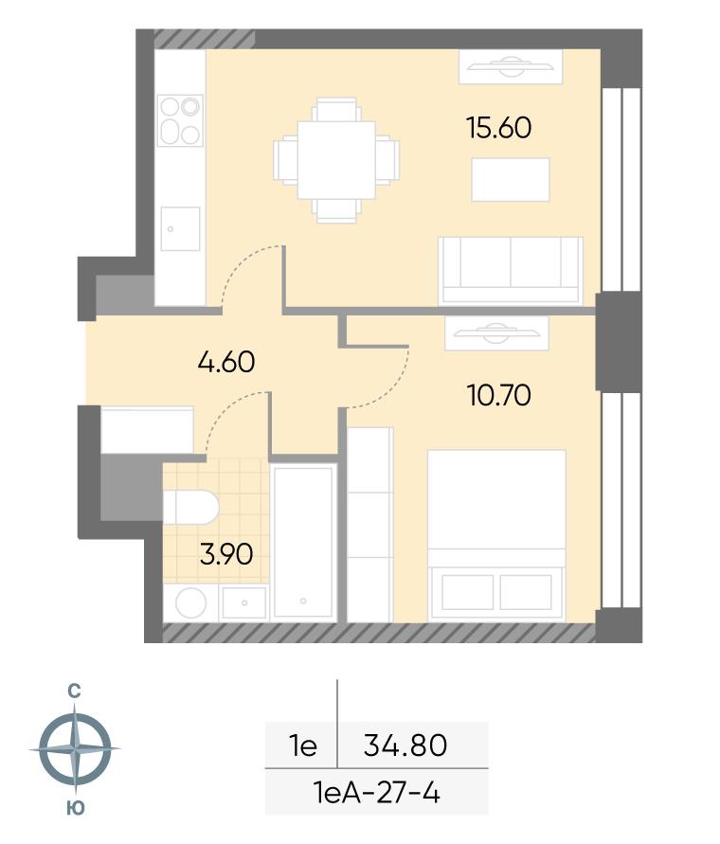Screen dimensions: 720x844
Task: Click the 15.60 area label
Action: [x=498, y=128]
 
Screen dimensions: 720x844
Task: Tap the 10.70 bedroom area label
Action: [x=498, y=395]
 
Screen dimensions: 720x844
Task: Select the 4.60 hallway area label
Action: [x=226, y=362]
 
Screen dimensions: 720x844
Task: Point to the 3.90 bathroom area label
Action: [x=226, y=554]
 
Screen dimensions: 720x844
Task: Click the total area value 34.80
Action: [x=405, y=745]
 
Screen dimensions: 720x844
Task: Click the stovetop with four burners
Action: [x=180, y=120]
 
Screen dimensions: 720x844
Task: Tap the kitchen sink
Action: [x=180, y=229]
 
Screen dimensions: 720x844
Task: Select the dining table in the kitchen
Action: [x=337, y=160]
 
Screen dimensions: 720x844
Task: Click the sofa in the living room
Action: [x=511, y=271]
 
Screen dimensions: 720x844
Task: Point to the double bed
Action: [x=496, y=536]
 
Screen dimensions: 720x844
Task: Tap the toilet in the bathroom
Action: [x=190, y=507]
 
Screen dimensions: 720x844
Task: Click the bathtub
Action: [x=302, y=542]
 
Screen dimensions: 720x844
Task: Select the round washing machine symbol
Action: [x=190, y=602]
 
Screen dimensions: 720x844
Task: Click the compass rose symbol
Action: [x=75, y=748]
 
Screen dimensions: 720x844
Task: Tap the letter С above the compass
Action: [x=74, y=691]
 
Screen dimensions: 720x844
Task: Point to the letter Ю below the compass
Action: [x=76, y=808]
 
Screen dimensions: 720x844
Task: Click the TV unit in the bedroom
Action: [x=496, y=333]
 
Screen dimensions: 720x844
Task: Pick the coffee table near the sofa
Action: [x=511, y=180]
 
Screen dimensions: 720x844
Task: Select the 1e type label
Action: [x=302, y=745]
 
